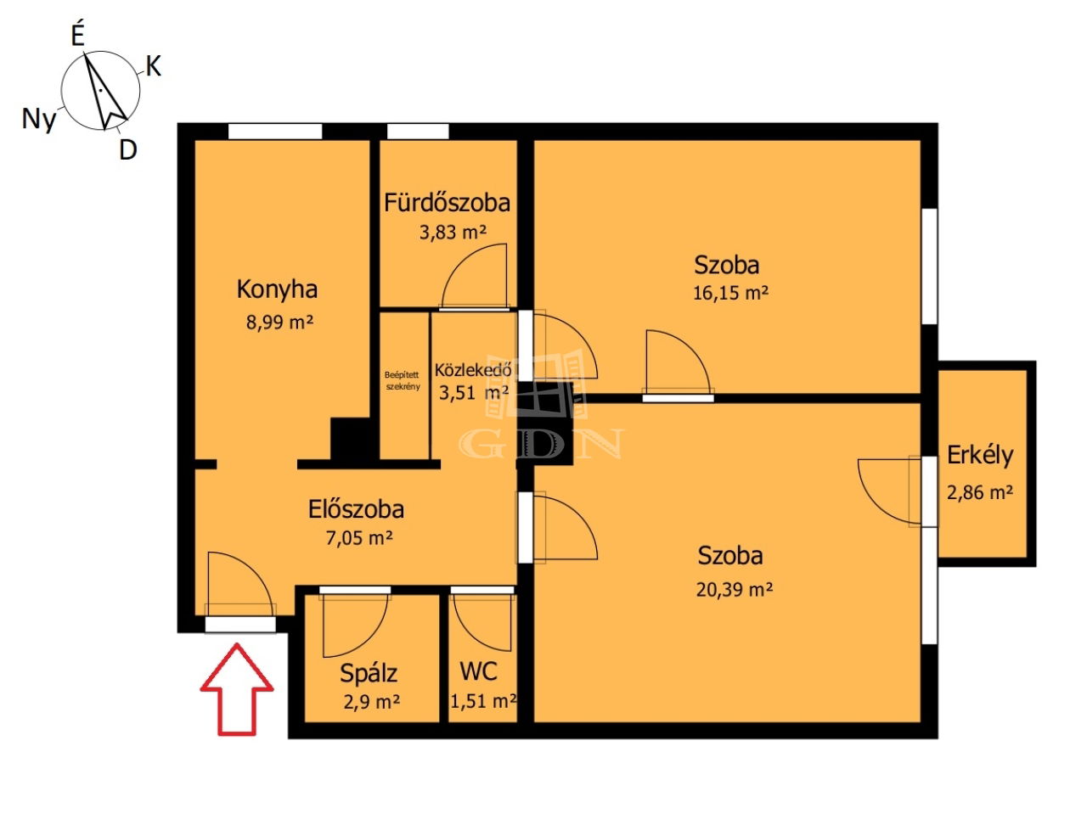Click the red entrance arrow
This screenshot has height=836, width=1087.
pos(237,690)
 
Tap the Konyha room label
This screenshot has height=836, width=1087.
pos(277,289)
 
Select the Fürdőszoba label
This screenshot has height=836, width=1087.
pos(447,202)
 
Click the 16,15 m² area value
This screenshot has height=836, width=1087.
pos(730,293)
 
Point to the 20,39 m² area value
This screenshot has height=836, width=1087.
pos(735,590)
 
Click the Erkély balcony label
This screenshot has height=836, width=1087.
pos(980,455)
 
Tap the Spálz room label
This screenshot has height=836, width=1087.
pos(369,674)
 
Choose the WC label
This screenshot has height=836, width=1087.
pos(479,671)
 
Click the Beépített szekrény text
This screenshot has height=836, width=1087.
pos(403,380)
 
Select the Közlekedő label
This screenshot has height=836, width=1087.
pos(473,370)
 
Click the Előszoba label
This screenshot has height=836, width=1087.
pos(356,509)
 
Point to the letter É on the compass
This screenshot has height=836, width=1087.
pos(77,36)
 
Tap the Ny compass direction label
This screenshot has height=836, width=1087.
pos(39,120)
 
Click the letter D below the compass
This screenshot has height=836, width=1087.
pos(128,149)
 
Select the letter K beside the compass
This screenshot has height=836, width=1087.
pos(154,66)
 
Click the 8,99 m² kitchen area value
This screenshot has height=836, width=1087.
pos(279,322)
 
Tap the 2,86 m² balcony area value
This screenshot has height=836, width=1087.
pos(980,493)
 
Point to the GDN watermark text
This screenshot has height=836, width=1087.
pos(541,443)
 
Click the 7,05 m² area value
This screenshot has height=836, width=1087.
pos(359,538)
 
